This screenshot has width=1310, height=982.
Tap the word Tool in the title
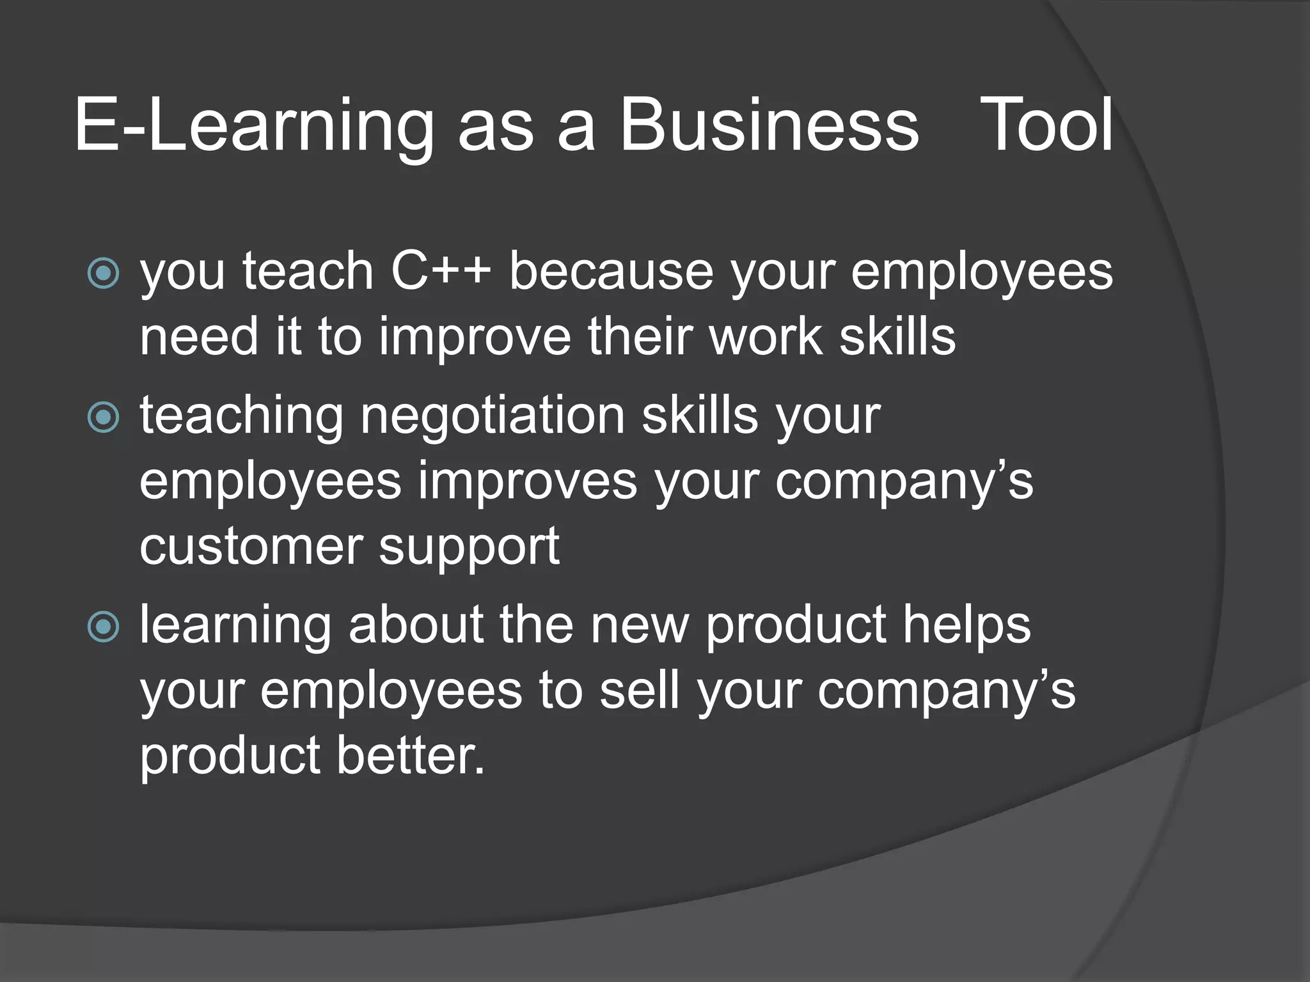[x=1046, y=125]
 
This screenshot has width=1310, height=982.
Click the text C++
[x=441, y=271]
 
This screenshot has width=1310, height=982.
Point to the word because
[x=611, y=271]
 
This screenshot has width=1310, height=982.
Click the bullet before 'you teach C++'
[x=103, y=274]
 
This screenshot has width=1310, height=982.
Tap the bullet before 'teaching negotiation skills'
[x=103, y=417]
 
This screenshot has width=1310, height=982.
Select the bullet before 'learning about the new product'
[x=103, y=627]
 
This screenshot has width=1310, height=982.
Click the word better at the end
[x=411, y=756]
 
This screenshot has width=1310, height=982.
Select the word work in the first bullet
[x=766, y=337]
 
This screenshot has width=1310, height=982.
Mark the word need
[x=199, y=337]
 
